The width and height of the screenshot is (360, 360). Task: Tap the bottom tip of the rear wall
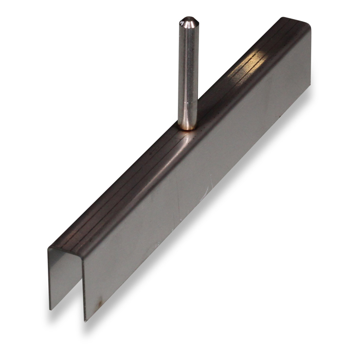50,309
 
